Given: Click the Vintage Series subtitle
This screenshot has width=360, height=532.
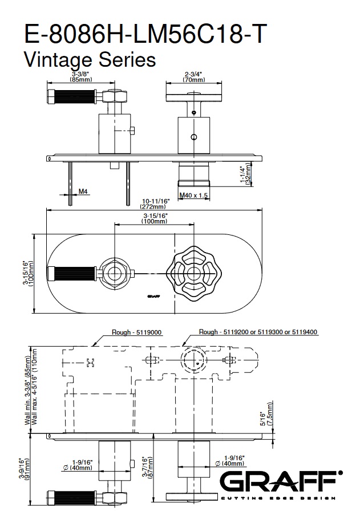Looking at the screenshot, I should [90, 59].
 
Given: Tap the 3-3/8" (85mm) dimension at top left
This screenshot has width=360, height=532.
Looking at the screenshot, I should [82, 77].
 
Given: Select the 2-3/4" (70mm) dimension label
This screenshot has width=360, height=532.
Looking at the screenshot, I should [194, 77].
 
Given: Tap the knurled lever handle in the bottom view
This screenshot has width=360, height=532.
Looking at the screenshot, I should [71, 496].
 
